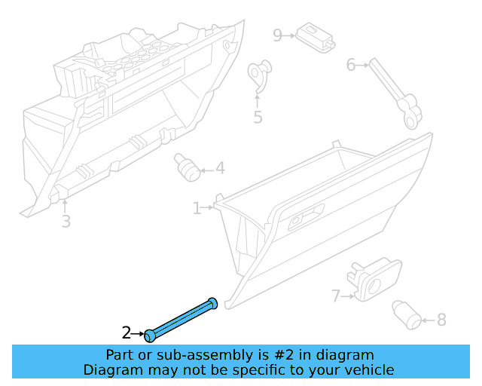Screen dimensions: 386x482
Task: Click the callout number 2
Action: coord(127,332)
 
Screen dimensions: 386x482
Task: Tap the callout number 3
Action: coord(66,221)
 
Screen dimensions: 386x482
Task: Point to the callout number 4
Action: coord(220,168)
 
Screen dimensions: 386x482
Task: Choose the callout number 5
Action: coord(258,117)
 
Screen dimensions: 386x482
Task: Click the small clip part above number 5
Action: coord(259,75)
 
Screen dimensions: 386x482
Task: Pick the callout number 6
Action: coord(350,65)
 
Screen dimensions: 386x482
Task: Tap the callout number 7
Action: coord(336,296)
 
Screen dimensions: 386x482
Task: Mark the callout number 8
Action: coord(441,320)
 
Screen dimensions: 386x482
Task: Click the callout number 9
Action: coord(277,35)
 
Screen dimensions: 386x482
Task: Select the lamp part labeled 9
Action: coord(316,37)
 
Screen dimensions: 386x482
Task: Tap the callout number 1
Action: coord(197,207)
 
